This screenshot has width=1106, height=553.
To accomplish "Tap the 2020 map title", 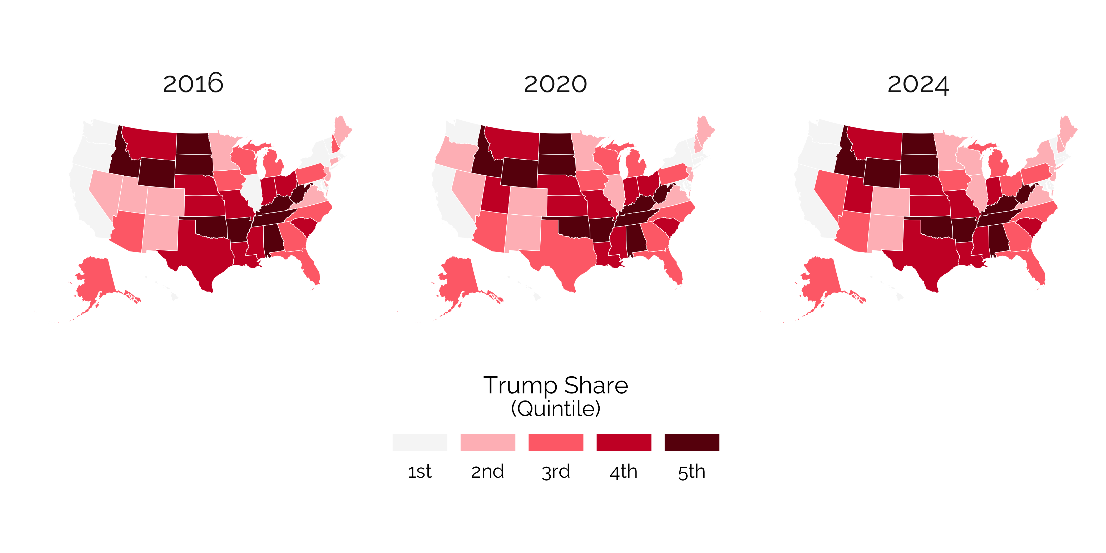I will pyautogui.click(x=555, y=84).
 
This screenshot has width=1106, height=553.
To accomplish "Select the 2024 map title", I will pyautogui.click(x=918, y=84).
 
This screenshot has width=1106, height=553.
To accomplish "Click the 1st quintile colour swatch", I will pyautogui.click(x=419, y=442).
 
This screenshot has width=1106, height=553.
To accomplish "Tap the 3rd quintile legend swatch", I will pyautogui.click(x=556, y=442).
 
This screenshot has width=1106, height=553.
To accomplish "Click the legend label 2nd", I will pyautogui.click(x=487, y=471).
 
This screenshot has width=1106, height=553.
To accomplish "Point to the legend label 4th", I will pyautogui.click(x=623, y=471).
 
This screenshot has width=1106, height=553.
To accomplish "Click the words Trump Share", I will pyautogui.click(x=556, y=385).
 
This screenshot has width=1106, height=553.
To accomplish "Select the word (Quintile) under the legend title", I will pyautogui.click(x=556, y=408).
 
